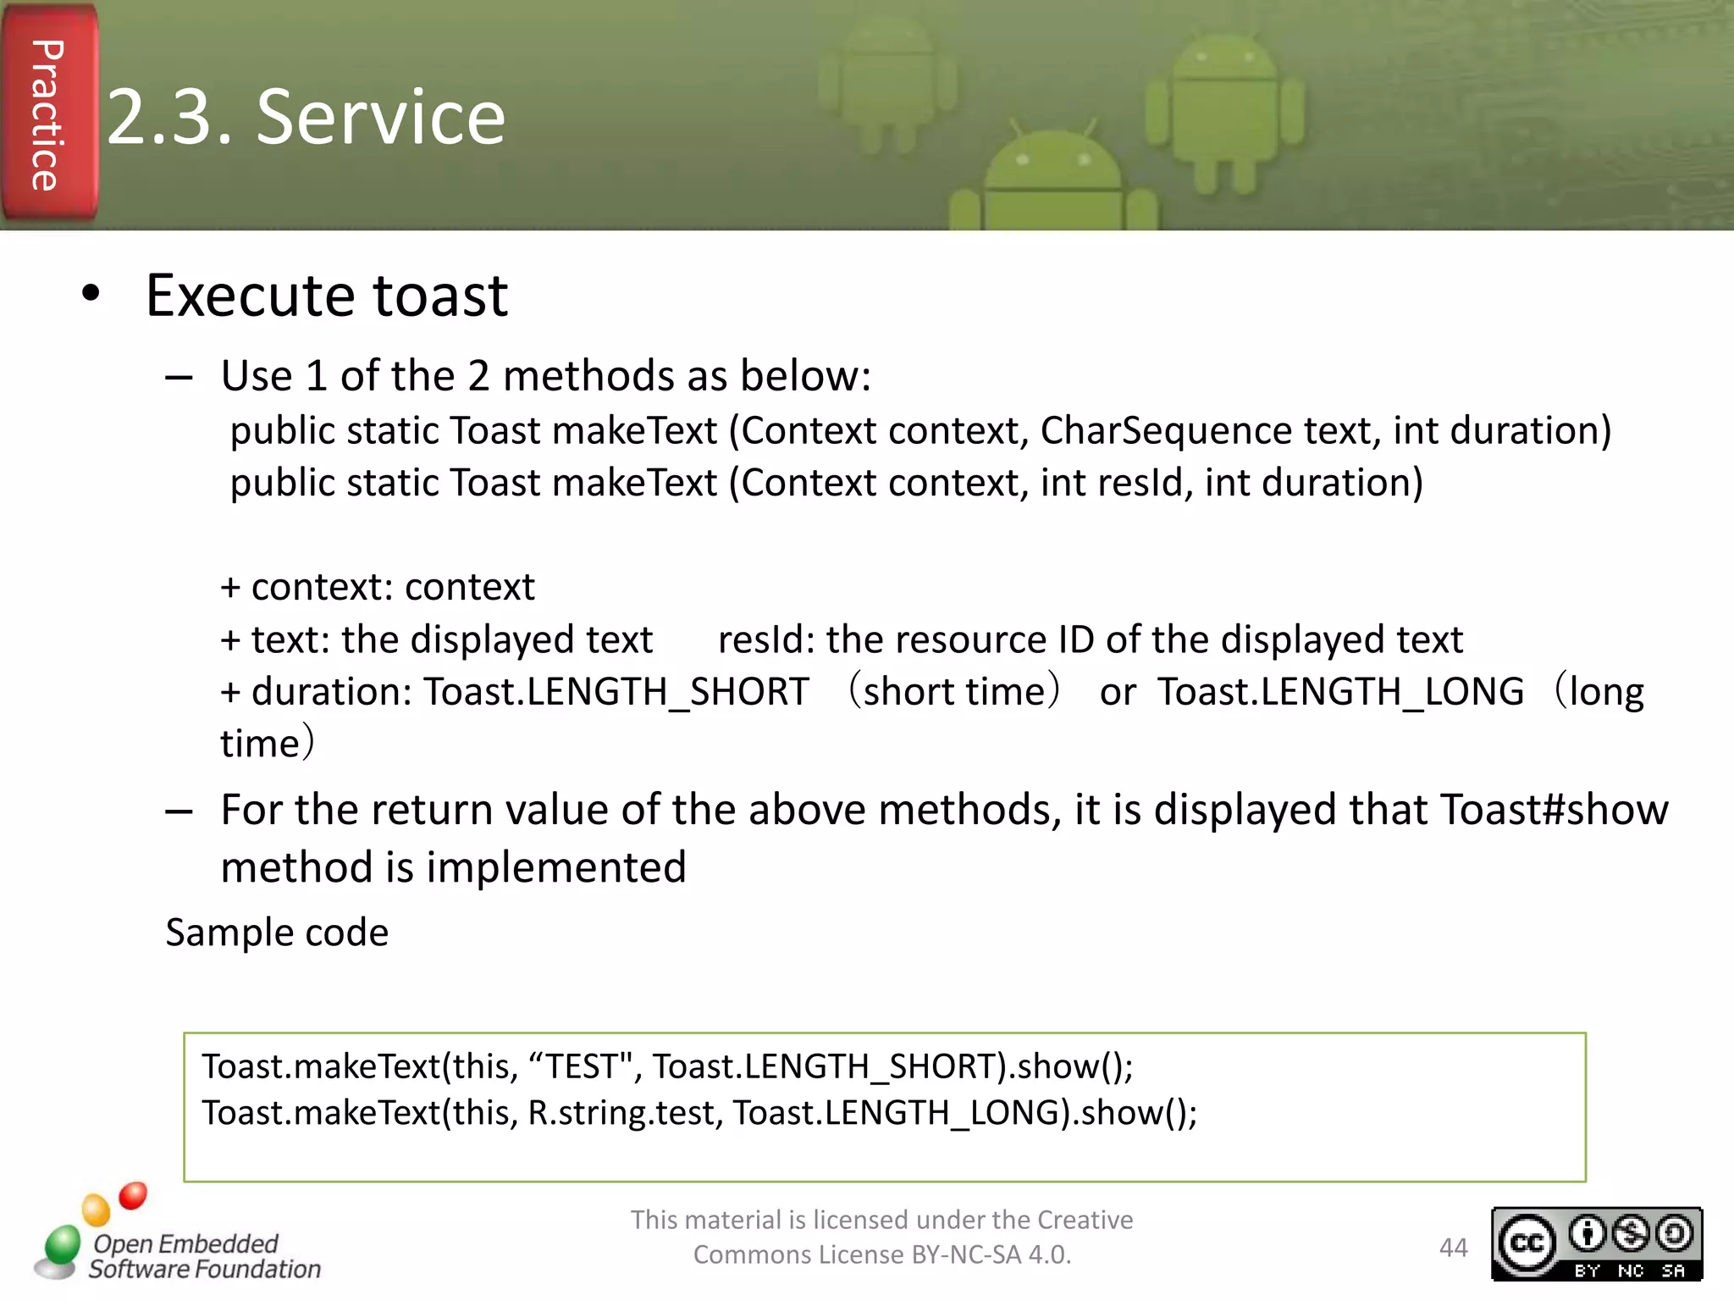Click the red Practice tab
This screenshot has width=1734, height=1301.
(48, 114)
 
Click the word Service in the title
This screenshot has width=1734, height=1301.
(380, 118)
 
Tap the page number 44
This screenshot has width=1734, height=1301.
(1453, 1248)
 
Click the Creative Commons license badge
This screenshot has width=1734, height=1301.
(1596, 1243)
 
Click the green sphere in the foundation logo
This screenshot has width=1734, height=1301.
(62, 1244)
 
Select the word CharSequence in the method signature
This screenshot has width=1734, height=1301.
(1165, 431)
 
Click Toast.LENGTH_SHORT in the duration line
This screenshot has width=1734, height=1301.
(616, 692)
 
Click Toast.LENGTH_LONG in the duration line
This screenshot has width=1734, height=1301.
(1340, 692)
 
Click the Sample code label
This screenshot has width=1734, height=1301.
(277, 933)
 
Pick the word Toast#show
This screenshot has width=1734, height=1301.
(1554, 810)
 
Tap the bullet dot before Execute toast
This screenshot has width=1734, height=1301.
(91, 294)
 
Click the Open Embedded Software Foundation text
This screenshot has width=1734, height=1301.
(204, 1257)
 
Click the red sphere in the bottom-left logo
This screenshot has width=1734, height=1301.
(133, 1195)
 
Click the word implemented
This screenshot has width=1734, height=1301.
(556, 868)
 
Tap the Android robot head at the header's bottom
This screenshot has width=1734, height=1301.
(1052, 165)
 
